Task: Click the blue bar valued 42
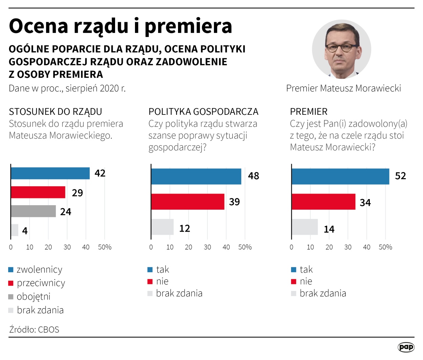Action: click(50, 173)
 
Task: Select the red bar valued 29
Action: click(38, 192)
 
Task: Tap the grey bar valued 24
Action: click(33, 211)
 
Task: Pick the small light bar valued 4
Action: click(15, 230)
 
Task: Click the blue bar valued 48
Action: click(196, 176)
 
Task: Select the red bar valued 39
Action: click(187, 202)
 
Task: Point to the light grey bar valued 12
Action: click(162, 227)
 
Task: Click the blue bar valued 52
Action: click(340, 176)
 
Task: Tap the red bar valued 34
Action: click(323, 202)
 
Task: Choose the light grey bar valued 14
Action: click(305, 227)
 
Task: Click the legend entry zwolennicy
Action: click(39, 270)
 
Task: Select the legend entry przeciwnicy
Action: click(41, 283)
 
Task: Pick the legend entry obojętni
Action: click(33, 297)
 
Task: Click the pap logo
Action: click(406, 347)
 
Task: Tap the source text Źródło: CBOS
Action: click(34, 330)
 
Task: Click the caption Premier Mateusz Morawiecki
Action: click(343, 88)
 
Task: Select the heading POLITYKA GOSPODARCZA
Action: click(203, 112)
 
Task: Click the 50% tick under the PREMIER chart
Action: click(385, 247)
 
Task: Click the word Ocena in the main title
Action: click(39, 26)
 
